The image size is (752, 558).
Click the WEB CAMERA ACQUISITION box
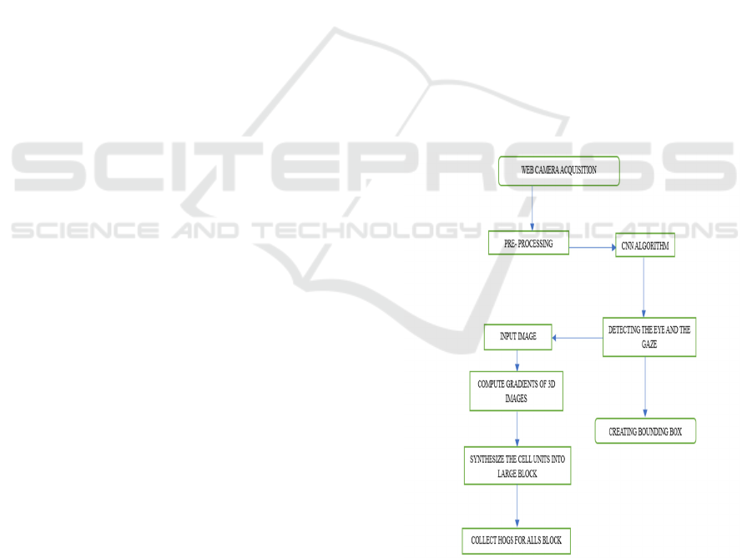(558, 171)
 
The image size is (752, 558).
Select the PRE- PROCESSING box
(528, 243)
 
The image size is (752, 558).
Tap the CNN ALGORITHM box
(645, 245)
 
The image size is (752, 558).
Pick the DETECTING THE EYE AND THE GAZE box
(649, 337)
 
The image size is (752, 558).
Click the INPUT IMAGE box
(518, 337)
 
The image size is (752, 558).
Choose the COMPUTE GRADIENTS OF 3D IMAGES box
(516, 391)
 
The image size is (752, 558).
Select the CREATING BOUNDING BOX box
(645, 431)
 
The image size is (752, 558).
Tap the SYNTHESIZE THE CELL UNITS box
(517, 465)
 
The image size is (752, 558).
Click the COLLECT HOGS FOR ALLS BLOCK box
(516, 540)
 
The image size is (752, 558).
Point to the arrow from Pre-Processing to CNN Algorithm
(593, 248)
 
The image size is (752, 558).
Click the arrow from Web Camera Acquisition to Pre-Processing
(532, 208)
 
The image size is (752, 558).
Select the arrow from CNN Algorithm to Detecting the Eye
(643, 287)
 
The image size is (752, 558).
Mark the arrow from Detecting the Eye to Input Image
(578, 338)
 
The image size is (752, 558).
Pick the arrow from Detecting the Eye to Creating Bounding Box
(645, 387)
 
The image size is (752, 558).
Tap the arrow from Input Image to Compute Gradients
(517, 360)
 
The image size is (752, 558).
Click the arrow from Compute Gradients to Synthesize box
(517, 429)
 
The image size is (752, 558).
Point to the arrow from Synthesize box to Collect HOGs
(517, 505)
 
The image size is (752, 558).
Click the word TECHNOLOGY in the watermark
(367, 230)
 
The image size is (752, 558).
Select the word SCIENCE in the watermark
(85, 230)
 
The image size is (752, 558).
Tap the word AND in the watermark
(206, 230)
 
